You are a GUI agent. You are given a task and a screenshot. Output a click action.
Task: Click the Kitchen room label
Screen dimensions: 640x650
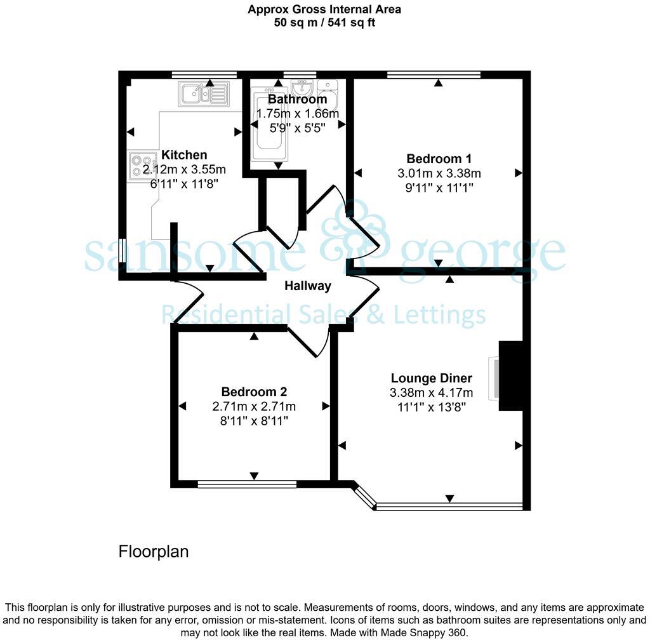coord(184,155)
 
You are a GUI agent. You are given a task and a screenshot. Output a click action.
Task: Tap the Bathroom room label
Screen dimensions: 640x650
coord(297,99)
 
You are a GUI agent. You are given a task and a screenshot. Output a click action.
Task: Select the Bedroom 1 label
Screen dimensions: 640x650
coord(439,159)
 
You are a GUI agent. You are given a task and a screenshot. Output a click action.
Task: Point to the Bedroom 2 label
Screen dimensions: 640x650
coord(254,392)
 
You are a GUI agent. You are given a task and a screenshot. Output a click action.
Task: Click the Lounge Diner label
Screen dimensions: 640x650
coord(431,378)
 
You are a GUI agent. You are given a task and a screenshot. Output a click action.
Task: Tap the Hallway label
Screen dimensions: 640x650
coord(307,286)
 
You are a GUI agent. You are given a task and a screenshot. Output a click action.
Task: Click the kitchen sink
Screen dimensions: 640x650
coord(204,95)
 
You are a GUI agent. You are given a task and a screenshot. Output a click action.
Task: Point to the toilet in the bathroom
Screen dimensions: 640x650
coord(328,95)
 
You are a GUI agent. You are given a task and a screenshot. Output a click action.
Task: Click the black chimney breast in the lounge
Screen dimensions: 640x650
coord(511,377)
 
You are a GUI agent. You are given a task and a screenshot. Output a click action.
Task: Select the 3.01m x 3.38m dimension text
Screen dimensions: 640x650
coord(439,173)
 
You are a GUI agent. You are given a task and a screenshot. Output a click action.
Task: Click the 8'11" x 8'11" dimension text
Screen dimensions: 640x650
coord(254,420)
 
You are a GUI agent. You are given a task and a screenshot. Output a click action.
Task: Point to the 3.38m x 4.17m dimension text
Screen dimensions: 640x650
coord(431,393)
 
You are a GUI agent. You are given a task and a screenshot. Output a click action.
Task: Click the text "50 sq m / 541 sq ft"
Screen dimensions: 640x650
coord(324,22)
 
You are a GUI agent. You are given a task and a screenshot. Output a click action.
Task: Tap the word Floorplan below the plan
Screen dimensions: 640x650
coord(154,551)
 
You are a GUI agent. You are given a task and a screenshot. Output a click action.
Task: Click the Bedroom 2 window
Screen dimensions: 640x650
coord(247,484)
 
